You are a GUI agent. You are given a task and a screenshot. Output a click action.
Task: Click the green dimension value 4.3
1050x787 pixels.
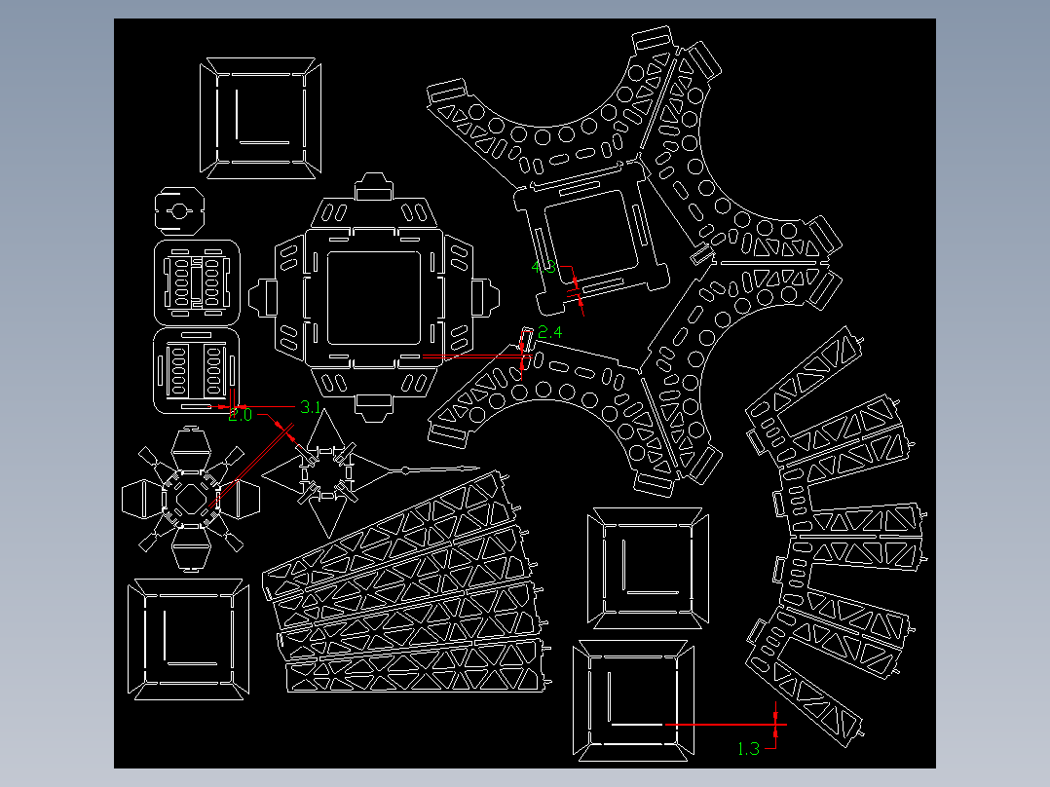point(544,267)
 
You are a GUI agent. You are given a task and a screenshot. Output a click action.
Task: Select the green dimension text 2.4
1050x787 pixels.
point(550,333)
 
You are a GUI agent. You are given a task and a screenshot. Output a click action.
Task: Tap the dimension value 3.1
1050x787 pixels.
point(310,407)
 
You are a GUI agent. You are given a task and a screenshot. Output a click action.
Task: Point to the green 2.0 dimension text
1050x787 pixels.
point(240,415)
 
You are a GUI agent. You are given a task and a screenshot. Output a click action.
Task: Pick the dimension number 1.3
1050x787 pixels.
point(748,749)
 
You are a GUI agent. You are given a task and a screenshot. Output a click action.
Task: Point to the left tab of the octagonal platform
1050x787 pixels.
point(263,297)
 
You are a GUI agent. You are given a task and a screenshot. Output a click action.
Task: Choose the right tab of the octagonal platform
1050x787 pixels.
point(488,296)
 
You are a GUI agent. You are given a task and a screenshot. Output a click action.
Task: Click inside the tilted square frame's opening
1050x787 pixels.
point(591,234)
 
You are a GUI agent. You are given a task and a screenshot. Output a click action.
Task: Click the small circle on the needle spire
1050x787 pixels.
point(404,471)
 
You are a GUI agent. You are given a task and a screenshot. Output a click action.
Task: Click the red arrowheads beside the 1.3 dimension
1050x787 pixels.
point(775,725)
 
